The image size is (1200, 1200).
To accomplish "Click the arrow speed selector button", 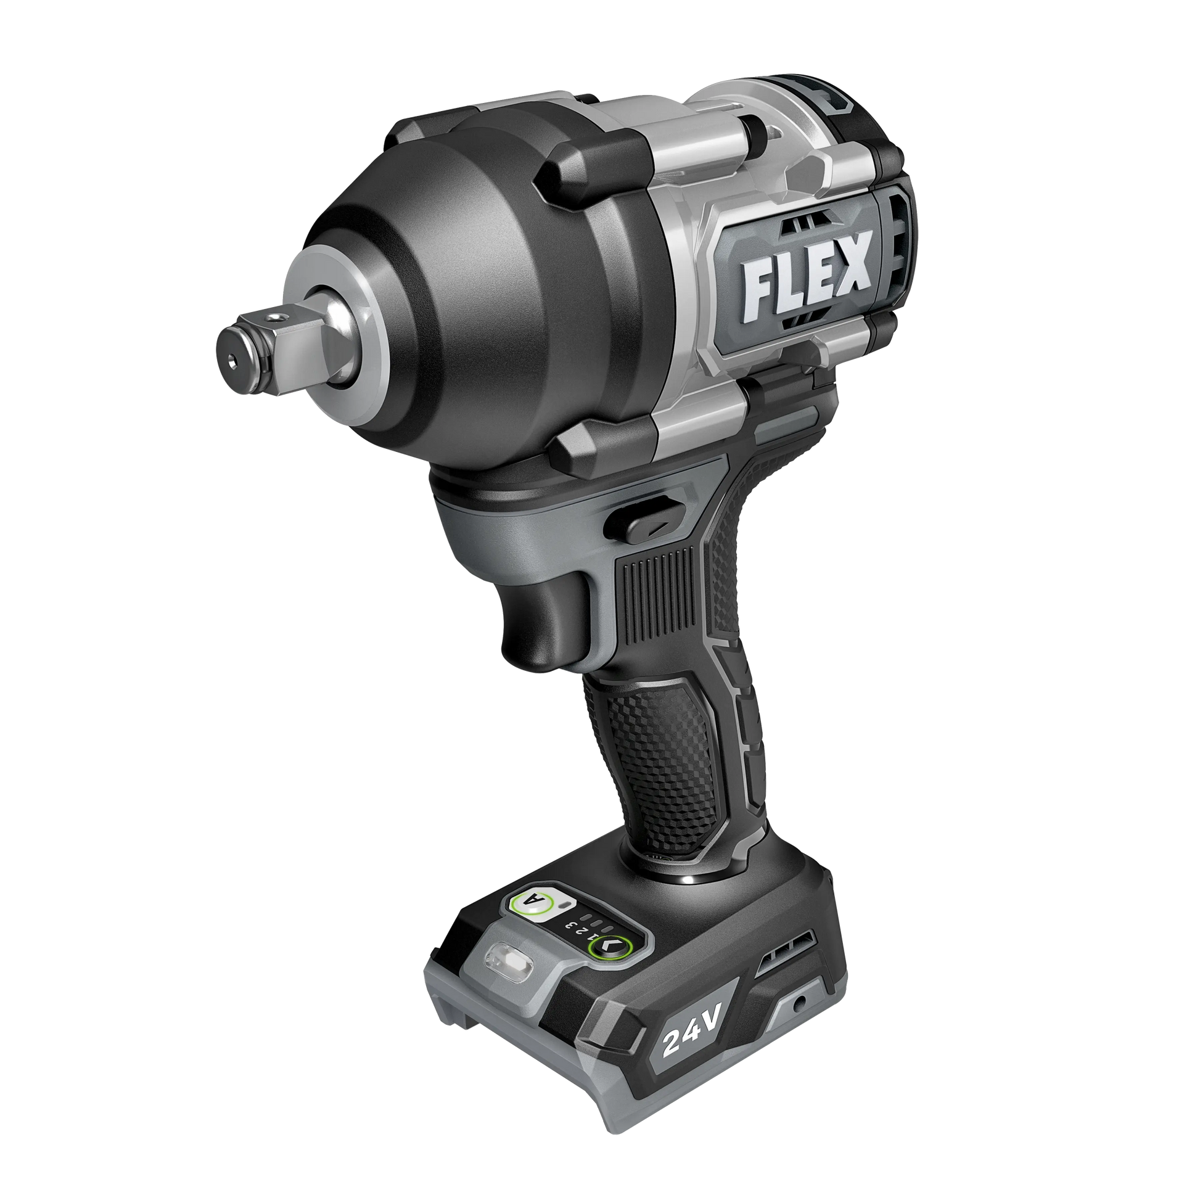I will [609, 963].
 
